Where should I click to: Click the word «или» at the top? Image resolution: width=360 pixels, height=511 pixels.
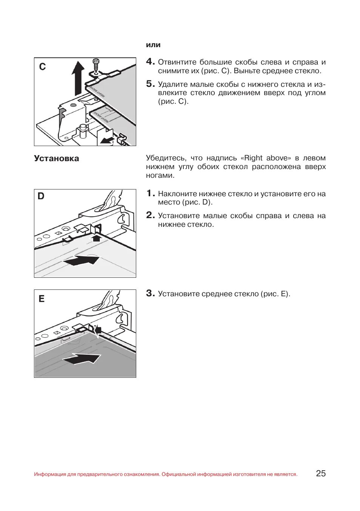coord(153,45)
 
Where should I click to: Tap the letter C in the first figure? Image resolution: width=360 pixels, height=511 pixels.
coord(42,67)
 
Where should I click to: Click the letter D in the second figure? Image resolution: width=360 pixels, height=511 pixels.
coord(41,196)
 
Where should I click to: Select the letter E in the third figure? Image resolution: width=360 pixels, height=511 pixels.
coord(42,299)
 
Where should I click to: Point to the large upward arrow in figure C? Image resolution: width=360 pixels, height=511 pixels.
coord(78,77)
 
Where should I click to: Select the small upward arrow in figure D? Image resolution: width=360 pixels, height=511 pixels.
coord(97,238)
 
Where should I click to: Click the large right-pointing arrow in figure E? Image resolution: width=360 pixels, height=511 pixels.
coord(82,359)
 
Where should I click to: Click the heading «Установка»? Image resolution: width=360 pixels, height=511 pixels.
coord(57,159)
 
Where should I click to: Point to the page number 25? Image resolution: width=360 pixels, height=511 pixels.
coord(321,473)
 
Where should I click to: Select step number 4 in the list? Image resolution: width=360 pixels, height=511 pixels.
coord(150,62)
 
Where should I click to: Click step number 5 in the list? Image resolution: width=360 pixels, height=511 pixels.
coord(150,84)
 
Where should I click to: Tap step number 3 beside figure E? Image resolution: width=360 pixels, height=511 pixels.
coord(150,293)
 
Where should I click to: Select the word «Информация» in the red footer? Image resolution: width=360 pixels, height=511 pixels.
coord(50,474)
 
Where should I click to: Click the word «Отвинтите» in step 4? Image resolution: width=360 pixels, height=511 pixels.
coord(177,62)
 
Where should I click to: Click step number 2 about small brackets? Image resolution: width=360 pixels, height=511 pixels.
coord(150,215)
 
